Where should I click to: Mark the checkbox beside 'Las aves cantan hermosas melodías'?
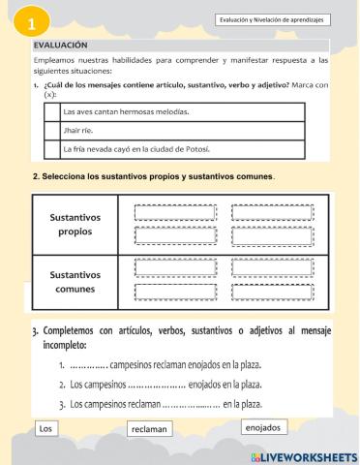[x=50, y=111]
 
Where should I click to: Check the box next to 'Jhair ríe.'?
[x=50, y=130]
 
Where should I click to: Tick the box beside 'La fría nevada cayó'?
[x=50, y=149]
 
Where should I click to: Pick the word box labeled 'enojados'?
[x=262, y=427]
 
